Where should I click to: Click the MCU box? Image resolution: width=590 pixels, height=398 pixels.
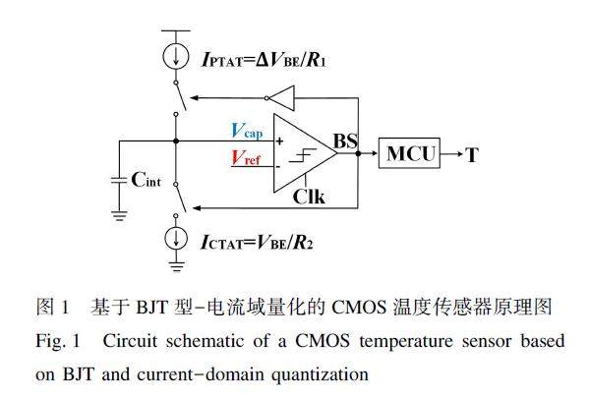click(x=412, y=153)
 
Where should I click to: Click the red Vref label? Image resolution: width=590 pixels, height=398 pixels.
click(x=247, y=156)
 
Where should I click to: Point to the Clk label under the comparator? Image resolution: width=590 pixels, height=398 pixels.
click(x=310, y=195)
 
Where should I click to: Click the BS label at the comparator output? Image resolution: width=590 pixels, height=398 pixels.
click(x=345, y=142)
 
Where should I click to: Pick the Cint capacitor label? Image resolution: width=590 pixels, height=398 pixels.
click(x=150, y=178)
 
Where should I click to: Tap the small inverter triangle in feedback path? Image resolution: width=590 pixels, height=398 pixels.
click(x=279, y=96)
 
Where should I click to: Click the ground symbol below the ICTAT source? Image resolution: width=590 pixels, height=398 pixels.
click(x=176, y=262)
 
